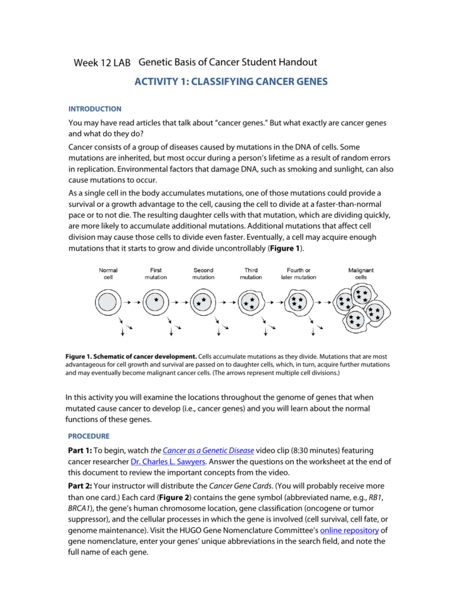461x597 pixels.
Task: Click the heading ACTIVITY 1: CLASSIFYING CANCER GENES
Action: pos(230,82)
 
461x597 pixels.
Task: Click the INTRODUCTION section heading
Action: pos(94,109)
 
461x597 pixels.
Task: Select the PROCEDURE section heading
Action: pos(89,436)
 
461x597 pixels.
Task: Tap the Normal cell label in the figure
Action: pos(108,273)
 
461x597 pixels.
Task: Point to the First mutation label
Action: pos(156,273)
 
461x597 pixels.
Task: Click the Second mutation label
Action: pos(203,273)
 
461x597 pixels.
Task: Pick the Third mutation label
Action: pos(251,273)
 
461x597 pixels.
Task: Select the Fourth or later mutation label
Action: pos(298,273)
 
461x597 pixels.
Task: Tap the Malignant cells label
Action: pos(361,273)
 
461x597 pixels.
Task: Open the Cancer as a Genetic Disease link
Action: pos(208,450)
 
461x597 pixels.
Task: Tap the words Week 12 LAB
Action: pos(102,63)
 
